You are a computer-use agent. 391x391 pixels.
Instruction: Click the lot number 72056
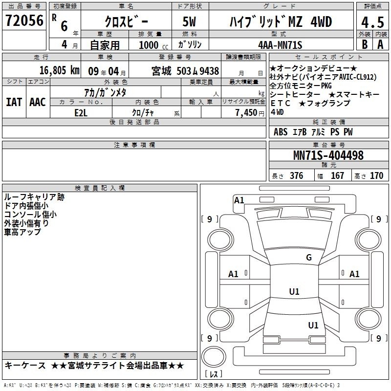click(24, 21)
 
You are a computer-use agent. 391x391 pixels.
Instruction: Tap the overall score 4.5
click(372, 22)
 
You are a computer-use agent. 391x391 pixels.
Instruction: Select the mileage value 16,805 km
click(59, 70)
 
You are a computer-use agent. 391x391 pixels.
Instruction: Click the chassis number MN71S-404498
click(328, 155)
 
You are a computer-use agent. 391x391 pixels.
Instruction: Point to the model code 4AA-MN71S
click(280, 45)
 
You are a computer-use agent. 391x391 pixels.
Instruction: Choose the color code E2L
click(81, 113)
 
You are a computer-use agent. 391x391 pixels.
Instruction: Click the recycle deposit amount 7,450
click(246, 113)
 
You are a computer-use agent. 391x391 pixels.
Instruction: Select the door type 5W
click(189, 22)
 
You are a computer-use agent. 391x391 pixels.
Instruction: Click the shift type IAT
click(14, 102)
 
